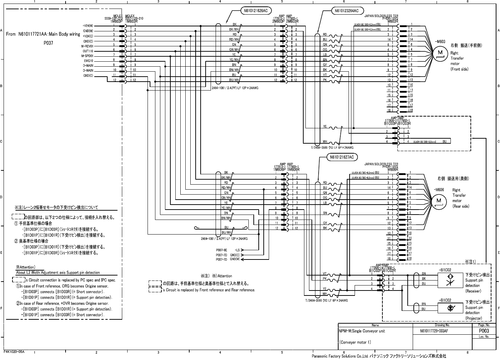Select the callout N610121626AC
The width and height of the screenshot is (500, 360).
click(x=256, y=11)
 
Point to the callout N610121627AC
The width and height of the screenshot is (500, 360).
click(x=342, y=157)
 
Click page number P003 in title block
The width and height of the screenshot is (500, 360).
click(x=484, y=331)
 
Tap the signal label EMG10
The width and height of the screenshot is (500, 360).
click(x=88, y=61)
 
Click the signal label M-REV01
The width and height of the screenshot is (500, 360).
click(x=87, y=46)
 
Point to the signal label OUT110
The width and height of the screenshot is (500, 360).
click(x=88, y=51)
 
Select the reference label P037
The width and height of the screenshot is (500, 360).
click(x=48, y=42)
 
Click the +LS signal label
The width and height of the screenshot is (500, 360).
click(x=237, y=250)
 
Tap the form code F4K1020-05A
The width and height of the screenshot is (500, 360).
click(x=14, y=352)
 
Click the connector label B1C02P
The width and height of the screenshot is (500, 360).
click(x=375, y=271)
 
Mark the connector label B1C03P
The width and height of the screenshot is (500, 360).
click(x=391, y=124)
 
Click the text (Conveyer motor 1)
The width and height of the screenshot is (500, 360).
click(x=355, y=343)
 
